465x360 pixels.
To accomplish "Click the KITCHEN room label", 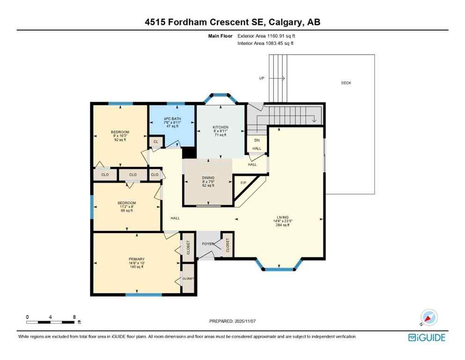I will tap(221, 127).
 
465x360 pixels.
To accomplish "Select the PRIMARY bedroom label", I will tap(137, 259).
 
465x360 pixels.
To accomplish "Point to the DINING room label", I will tap(208, 178).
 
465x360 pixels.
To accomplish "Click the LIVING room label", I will tap(282, 217).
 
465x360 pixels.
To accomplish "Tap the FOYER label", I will tap(208, 243).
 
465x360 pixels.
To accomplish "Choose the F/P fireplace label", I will tap(244, 182).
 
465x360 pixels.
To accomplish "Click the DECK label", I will tap(346, 83).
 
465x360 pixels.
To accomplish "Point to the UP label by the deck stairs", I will tap(262, 78).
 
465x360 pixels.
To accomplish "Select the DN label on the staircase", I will tap(257, 140).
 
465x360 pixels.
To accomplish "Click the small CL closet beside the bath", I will tap(155, 141).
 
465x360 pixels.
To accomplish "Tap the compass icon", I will tap(429, 317).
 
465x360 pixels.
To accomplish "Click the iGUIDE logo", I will tap(427, 337).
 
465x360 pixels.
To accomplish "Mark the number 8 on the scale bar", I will tap(74, 317).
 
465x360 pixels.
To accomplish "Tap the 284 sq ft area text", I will tap(282, 225).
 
